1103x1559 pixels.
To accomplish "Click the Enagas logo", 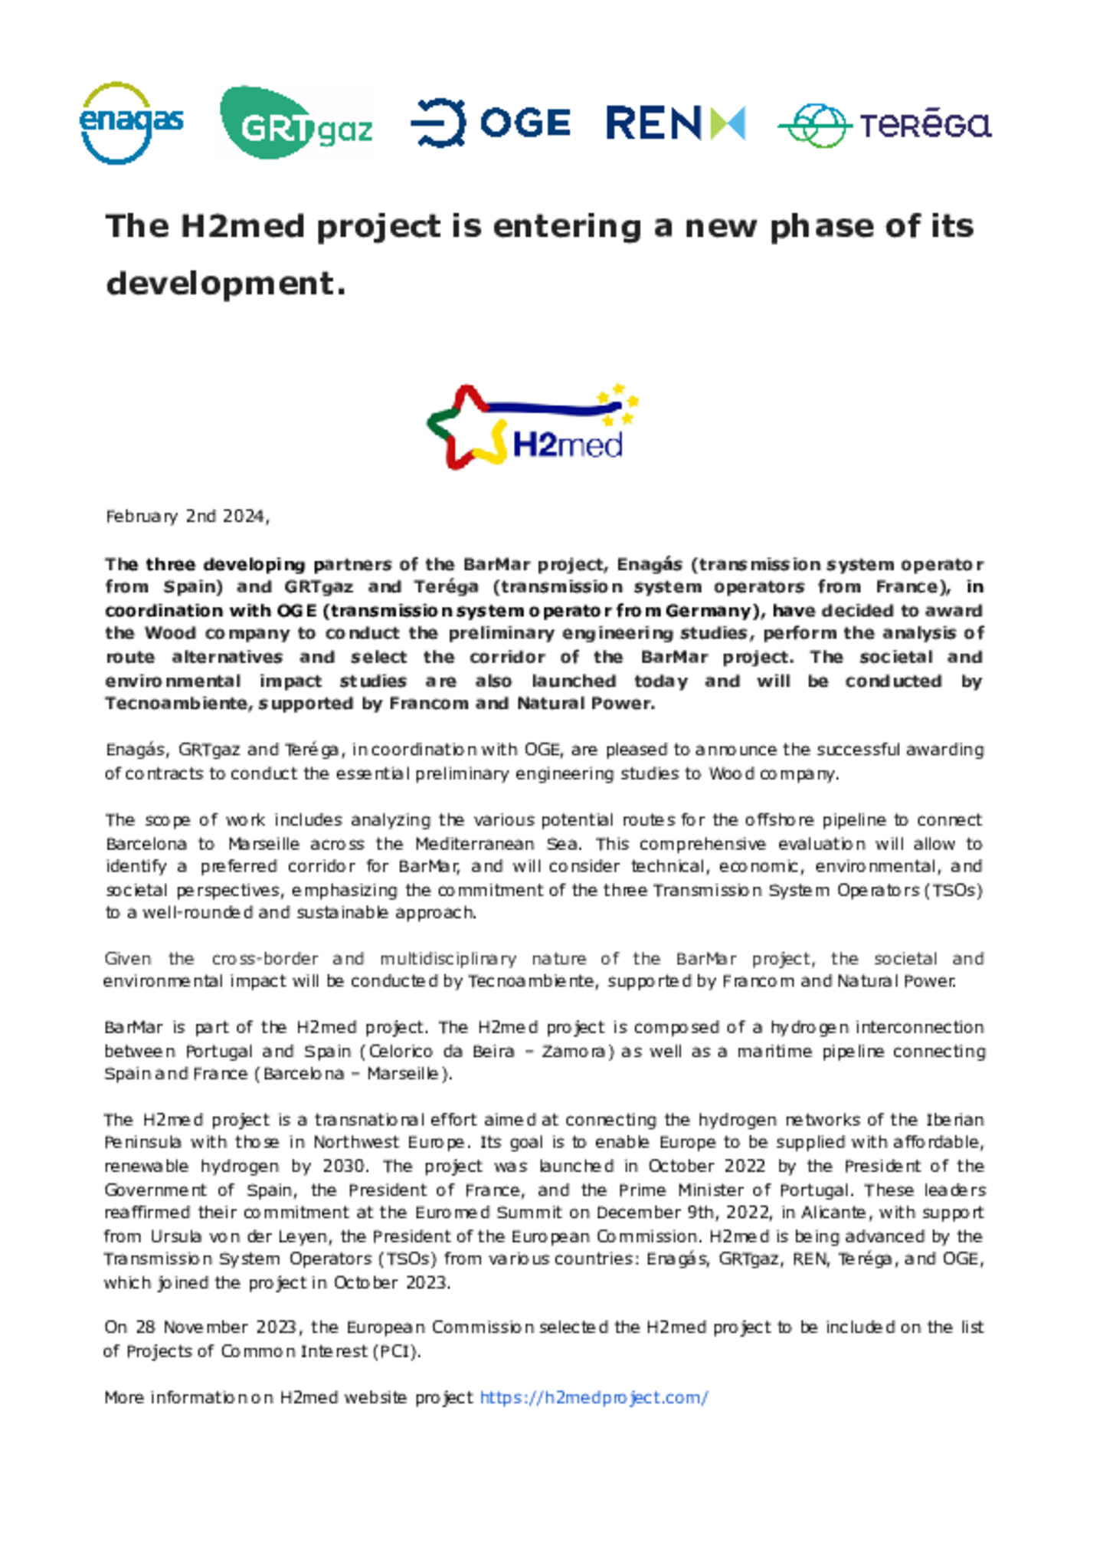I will [x=131, y=123].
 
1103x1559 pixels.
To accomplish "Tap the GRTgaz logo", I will [x=296, y=123].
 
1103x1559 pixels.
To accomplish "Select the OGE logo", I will [x=490, y=123].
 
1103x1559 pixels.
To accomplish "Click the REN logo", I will [x=675, y=123].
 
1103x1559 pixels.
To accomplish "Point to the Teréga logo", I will [x=885, y=125].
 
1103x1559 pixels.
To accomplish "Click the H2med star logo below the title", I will [x=533, y=426].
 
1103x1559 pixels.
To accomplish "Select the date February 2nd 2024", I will [x=186, y=517].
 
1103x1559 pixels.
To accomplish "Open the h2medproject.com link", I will [x=594, y=1397].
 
